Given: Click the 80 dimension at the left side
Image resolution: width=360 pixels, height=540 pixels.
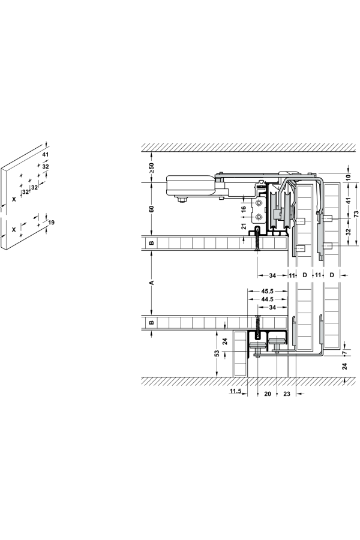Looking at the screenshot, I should coord(152,209).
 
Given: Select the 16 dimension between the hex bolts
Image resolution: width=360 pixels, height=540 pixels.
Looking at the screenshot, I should coord(243,209).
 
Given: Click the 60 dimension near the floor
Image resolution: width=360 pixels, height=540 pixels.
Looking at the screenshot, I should coord(217,355).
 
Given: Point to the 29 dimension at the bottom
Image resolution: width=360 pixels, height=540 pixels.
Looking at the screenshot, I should coord(287,394).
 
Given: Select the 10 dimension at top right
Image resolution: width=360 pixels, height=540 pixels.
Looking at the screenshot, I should coord(349,178).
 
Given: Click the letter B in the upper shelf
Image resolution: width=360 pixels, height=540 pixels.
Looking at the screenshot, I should coord(151,242).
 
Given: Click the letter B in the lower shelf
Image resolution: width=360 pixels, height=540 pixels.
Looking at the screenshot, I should coord(151,323).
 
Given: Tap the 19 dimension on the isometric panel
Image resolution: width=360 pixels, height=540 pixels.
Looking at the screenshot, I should coord(51,223).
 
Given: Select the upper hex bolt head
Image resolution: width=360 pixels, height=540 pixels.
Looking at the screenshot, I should coord(258,202).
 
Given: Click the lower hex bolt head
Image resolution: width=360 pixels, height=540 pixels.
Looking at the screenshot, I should coord(258,217).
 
